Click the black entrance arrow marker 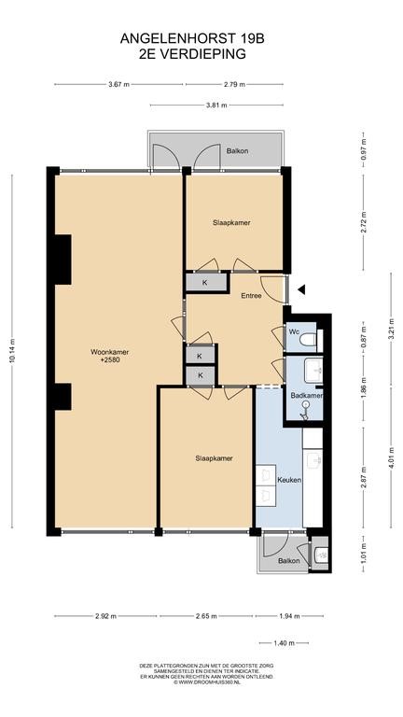tap(301, 289)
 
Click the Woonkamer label tap(109, 352)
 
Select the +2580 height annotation tap(110, 359)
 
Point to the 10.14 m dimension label tap(12, 350)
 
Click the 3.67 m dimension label tap(118, 84)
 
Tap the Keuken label tap(289, 480)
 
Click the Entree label tap(251, 295)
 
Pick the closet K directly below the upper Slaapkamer tap(204, 283)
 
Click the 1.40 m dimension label tap(284, 643)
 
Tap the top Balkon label tap(238, 150)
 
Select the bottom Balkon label tap(289, 560)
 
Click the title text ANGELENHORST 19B tap(192, 39)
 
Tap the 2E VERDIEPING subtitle tap(192, 54)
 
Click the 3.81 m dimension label tap(216, 105)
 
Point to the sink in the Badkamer tap(314, 369)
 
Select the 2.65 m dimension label tap(205, 616)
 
